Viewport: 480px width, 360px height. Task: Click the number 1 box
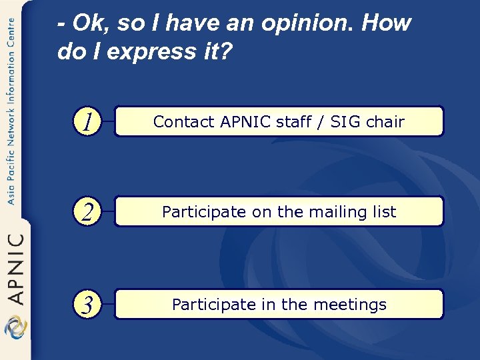(x=87, y=121)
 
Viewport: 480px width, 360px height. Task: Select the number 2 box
(x=87, y=212)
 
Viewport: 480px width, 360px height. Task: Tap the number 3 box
(x=87, y=305)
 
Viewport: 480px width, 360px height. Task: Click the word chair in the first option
(x=384, y=121)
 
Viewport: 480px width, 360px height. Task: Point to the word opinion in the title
(x=313, y=24)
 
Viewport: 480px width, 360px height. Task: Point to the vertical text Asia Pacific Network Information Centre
(x=11, y=110)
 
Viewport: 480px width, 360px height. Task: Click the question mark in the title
(x=226, y=52)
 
